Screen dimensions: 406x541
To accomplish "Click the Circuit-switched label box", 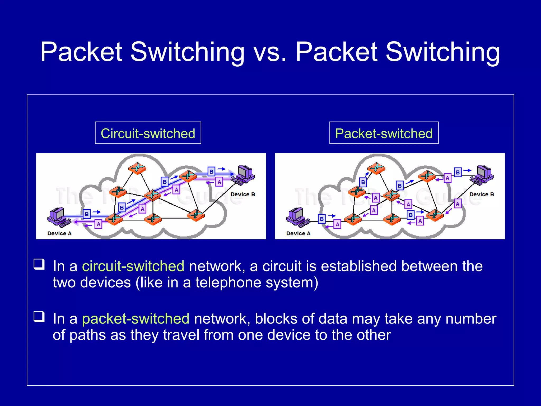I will (148, 133).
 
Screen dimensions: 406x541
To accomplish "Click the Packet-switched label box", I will (384, 133).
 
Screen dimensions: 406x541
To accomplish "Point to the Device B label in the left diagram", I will (242, 195).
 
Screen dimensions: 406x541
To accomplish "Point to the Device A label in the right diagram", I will (298, 233).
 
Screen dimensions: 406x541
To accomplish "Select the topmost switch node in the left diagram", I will (137, 168).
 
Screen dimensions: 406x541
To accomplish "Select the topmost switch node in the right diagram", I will (376, 168).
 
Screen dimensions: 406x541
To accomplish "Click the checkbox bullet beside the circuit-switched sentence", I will (39, 264).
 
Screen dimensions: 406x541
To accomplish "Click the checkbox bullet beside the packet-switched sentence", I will (39, 316).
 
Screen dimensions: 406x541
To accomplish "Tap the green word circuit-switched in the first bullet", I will (133, 266).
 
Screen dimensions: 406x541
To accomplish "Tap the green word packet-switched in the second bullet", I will (136, 319).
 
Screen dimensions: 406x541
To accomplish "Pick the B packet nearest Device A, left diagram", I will (87, 214).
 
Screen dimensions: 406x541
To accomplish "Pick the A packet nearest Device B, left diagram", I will (219, 182).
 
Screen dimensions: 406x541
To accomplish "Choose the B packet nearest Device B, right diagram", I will (458, 172).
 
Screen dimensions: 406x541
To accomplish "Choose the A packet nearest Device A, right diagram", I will (337, 224).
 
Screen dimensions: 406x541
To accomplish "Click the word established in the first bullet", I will (359, 266).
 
